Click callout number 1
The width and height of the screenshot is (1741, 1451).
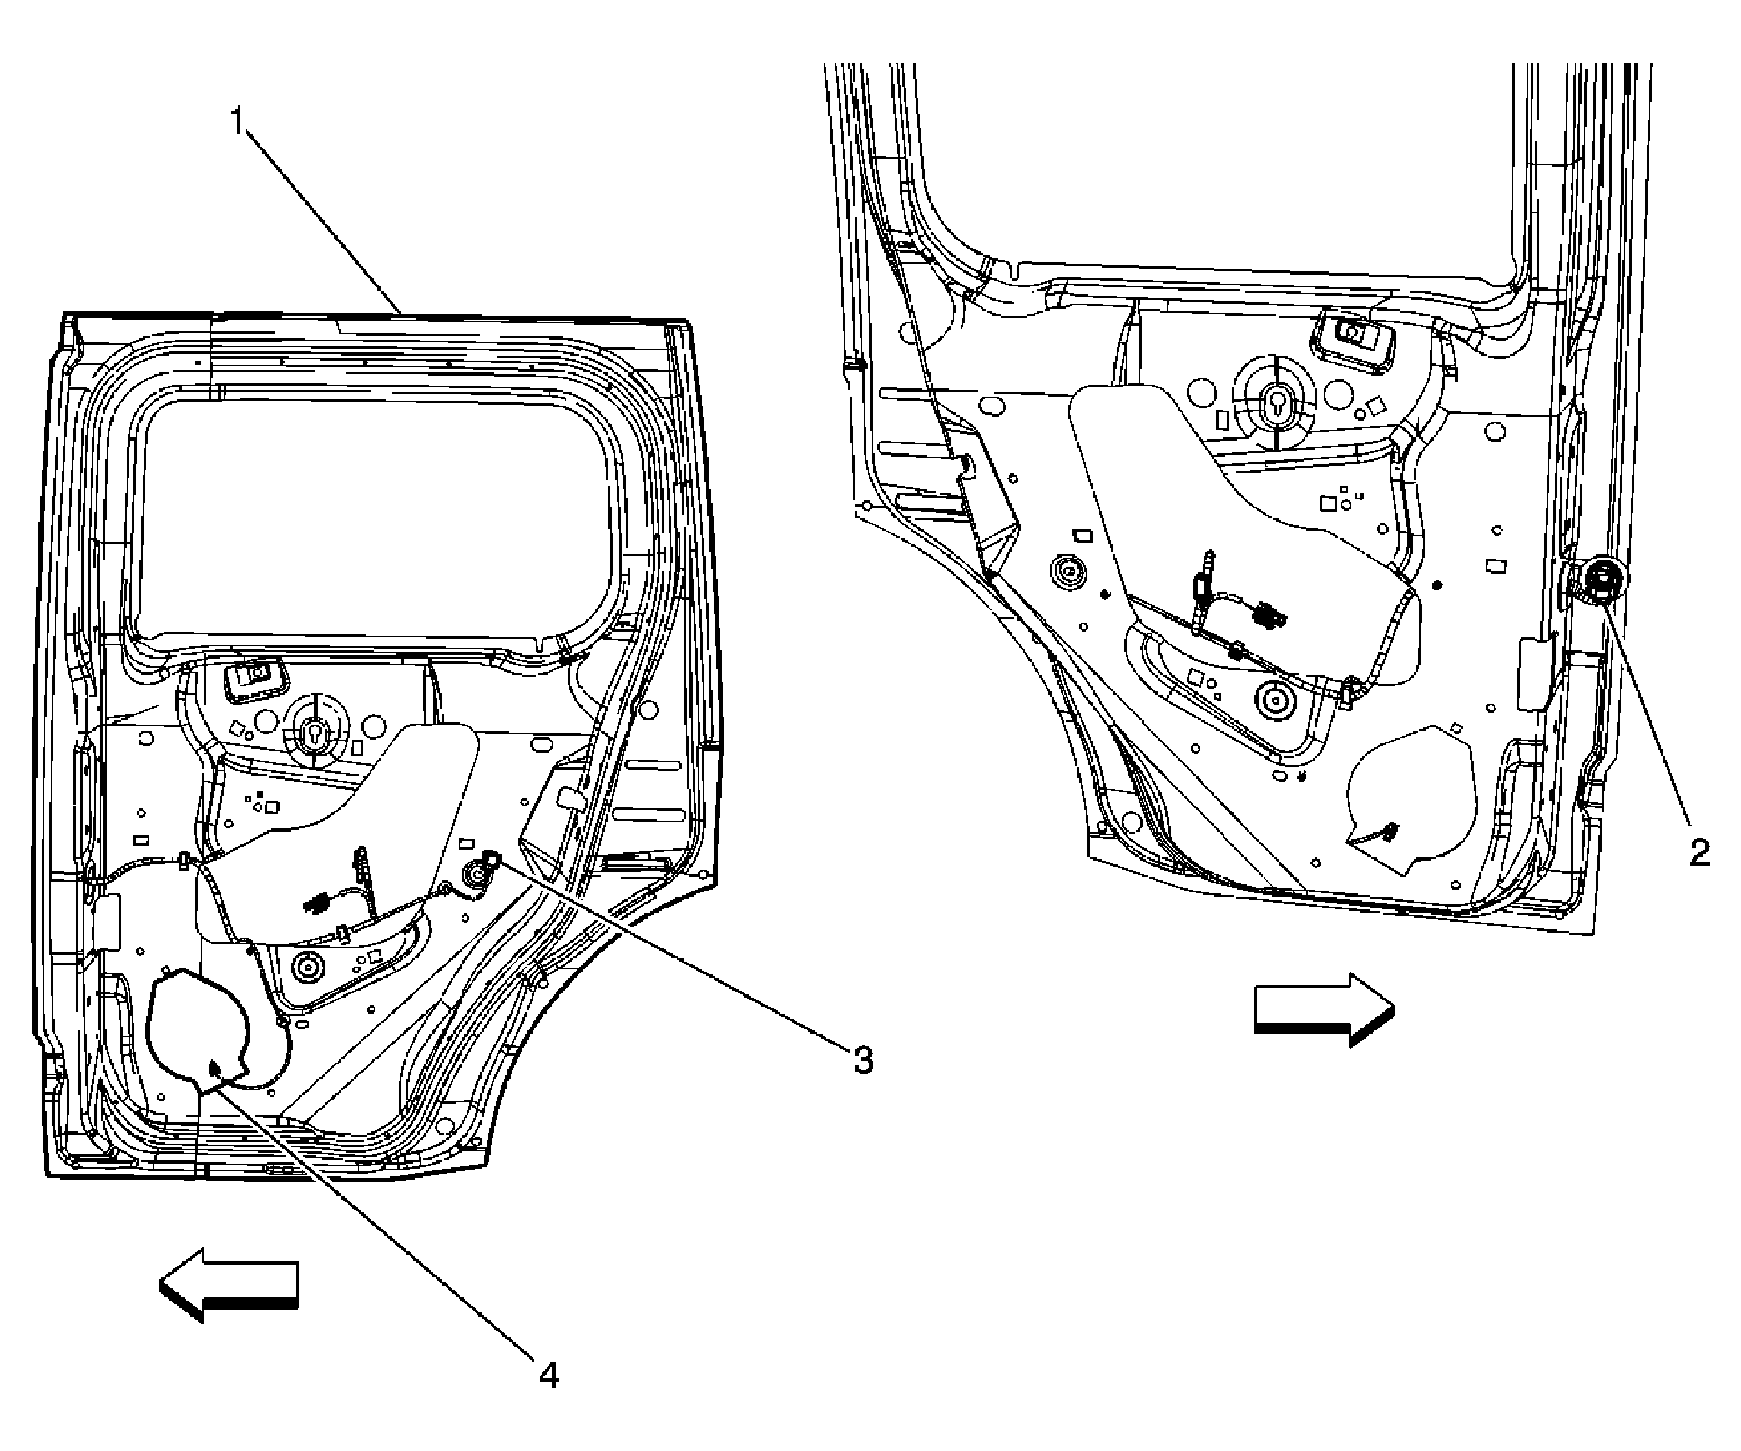pos(239,123)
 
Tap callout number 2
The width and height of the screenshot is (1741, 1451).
pos(1699,852)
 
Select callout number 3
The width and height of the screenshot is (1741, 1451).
pos(862,1061)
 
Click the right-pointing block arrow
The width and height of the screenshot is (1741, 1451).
pos(1325,1010)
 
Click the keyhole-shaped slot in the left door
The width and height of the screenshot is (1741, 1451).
pos(315,735)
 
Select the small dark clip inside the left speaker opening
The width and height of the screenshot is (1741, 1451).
pos(214,1066)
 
